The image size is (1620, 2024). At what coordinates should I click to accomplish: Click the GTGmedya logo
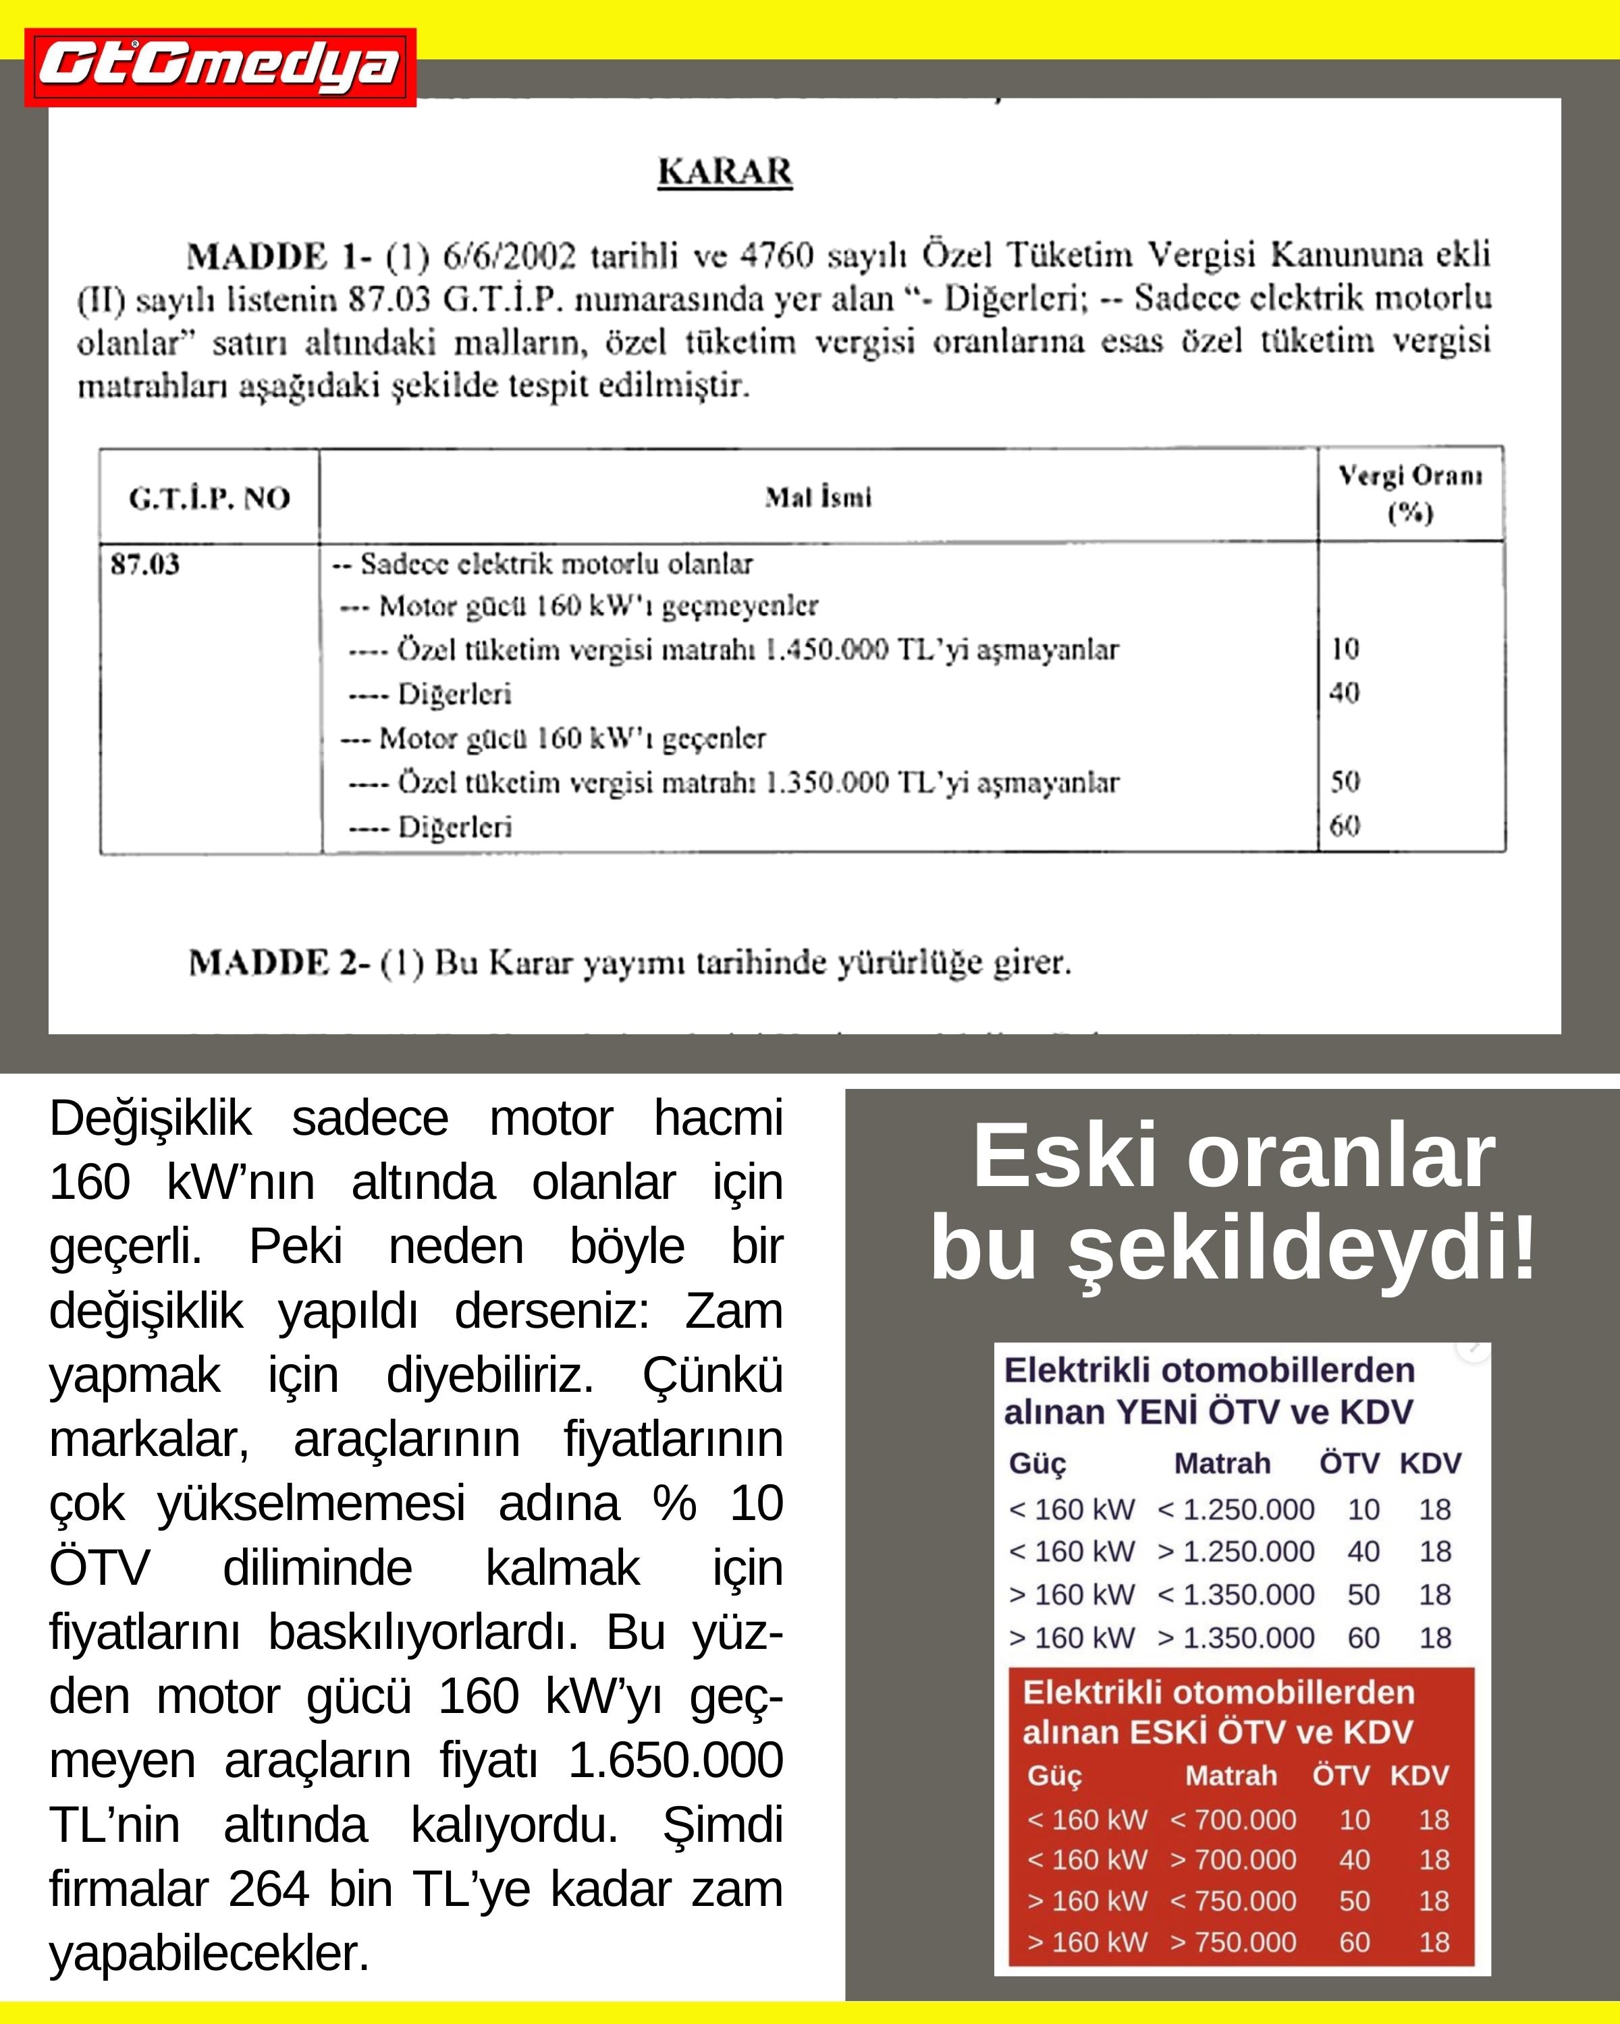pos(220,67)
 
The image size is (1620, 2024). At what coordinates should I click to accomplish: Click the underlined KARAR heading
pos(725,172)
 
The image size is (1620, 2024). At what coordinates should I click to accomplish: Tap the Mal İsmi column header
pos(818,497)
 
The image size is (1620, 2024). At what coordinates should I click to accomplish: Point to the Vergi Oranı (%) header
pos(1409,494)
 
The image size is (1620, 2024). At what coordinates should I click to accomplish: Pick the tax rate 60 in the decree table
pos(1345,826)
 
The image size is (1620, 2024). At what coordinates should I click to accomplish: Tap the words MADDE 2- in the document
pos(279,963)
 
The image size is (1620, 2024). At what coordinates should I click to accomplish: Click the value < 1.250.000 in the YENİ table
pos(1236,1509)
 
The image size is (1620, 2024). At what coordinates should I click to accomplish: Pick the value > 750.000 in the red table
pos(1233,1942)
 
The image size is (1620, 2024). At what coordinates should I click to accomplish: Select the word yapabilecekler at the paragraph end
pos(209,1954)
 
